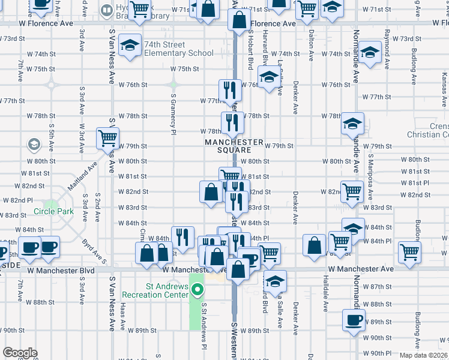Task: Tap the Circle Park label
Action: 53,211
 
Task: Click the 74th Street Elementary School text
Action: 178,53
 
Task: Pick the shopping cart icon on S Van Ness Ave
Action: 107,138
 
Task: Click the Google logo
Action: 20,353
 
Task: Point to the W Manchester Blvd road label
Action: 65,271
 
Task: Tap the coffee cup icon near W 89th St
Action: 354,319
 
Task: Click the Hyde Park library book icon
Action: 106,10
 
